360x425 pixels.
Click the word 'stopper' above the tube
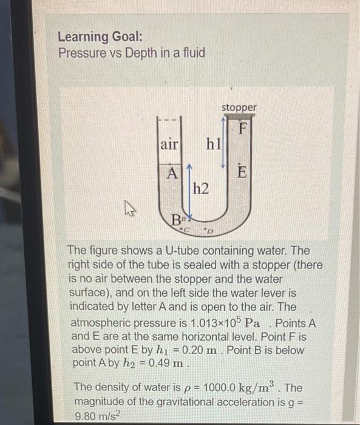point(239,107)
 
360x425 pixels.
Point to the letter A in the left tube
point(172,172)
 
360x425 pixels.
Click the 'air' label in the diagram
point(169,144)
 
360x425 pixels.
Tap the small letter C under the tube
point(188,229)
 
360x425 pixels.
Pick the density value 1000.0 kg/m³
point(230,387)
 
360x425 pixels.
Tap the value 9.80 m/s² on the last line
point(100,414)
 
